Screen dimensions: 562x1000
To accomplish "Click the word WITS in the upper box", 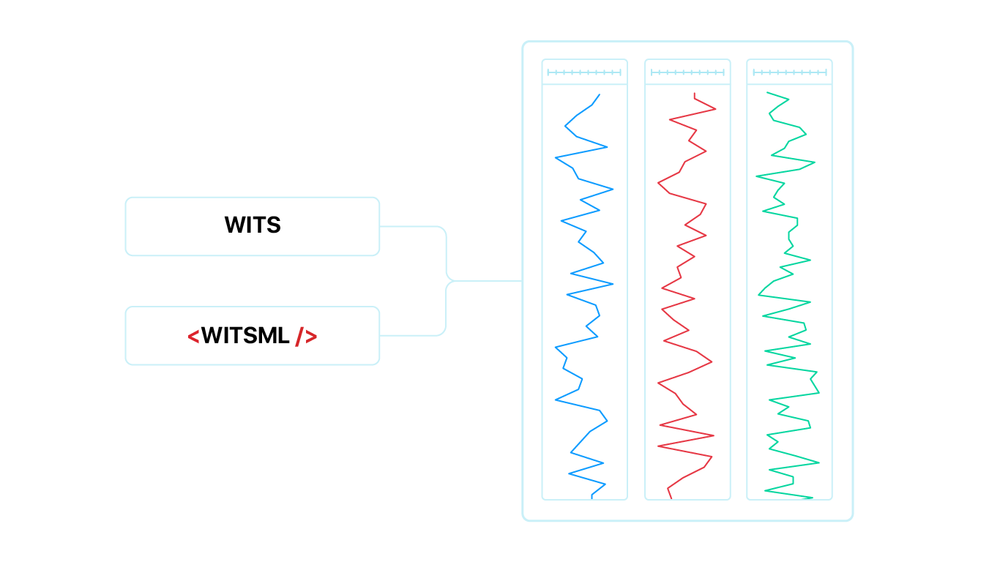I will click(x=253, y=225).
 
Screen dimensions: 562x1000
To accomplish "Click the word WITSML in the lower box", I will click(x=245, y=336).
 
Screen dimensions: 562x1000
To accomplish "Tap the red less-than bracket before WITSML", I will click(x=193, y=337).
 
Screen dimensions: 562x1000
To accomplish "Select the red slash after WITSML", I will click(x=299, y=336).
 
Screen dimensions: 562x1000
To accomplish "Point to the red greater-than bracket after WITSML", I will click(x=311, y=337).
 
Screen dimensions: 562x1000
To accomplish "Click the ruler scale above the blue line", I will click(x=584, y=72).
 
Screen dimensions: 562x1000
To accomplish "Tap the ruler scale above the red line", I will click(x=687, y=72).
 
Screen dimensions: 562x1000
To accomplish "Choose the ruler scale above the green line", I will click(x=790, y=72).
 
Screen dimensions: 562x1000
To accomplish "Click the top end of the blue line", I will click(x=600, y=94).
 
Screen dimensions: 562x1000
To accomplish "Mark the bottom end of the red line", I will click(x=671, y=498).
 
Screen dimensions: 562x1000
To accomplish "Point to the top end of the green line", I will click(x=767, y=92).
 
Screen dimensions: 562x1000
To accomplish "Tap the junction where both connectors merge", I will click(x=448, y=281).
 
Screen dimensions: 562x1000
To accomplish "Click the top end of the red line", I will click(x=695, y=94).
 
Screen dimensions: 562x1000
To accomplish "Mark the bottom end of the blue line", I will click(x=592, y=498).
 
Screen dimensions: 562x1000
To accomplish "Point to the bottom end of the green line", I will click(x=812, y=498).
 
